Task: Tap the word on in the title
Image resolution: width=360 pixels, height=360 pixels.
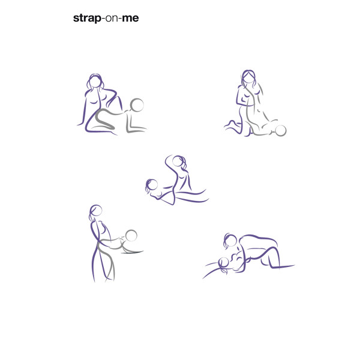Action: pos(112,18)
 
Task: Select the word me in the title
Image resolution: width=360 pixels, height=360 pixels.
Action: pos(130,18)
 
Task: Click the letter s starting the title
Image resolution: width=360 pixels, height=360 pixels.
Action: pos(76,19)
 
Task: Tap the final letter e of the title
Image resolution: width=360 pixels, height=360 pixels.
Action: pos(136,19)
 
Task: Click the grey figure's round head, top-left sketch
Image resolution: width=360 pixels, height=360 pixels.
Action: pos(137,106)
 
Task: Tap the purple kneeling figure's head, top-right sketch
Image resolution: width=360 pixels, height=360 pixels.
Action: pos(249,76)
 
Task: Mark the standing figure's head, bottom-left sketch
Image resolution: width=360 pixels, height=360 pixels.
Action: pos(96,211)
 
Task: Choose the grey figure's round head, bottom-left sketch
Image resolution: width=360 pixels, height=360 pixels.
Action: pos(131,235)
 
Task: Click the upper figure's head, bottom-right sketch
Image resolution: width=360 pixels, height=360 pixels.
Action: pos(229,240)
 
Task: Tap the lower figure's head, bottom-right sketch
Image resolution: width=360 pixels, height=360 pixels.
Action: pos(224,262)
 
